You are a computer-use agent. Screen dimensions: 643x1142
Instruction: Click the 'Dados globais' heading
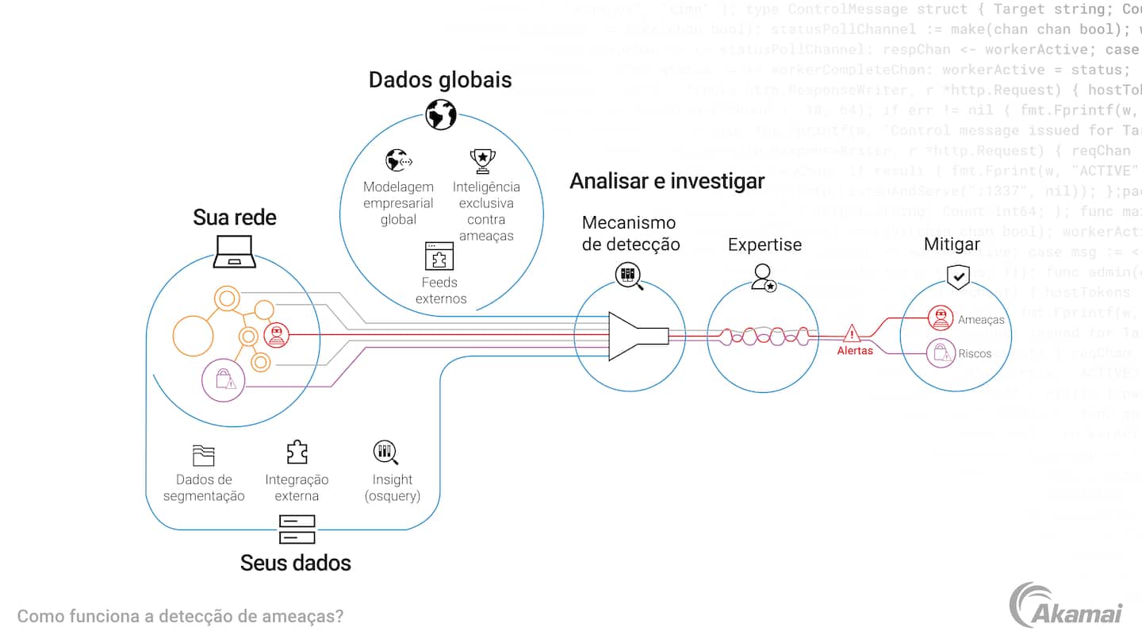(x=440, y=80)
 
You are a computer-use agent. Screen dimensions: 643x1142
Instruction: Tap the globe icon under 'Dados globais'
(x=440, y=114)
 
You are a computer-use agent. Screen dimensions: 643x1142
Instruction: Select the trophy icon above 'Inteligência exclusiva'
(x=482, y=160)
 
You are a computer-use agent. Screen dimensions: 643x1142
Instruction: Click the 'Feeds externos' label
(x=441, y=291)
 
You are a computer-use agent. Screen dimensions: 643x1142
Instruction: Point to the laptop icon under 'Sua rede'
(x=235, y=250)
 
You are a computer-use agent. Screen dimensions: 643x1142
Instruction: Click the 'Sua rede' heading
(x=235, y=218)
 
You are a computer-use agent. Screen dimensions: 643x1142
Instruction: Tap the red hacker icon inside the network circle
(x=276, y=336)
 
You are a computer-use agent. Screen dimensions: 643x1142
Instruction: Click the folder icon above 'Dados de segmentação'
(x=204, y=456)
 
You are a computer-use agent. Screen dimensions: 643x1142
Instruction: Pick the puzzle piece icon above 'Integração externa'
(x=297, y=452)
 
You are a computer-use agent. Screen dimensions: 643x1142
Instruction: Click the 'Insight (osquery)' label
(x=393, y=487)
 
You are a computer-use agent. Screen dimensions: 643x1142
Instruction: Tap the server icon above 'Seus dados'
(x=297, y=529)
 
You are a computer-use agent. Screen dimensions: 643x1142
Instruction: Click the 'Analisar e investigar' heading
(x=667, y=181)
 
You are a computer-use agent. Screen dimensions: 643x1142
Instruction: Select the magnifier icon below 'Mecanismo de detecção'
(x=629, y=276)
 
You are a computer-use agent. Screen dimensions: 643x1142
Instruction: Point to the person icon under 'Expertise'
(x=764, y=276)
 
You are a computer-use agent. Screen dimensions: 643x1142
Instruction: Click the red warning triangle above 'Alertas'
(x=853, y=333)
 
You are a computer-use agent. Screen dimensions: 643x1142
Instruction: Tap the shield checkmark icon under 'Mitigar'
(x=959, y=276)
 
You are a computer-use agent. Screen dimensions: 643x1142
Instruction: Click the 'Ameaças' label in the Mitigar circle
(x=981, y=320)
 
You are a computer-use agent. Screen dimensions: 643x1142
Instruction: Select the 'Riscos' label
(x=975, y=353)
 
